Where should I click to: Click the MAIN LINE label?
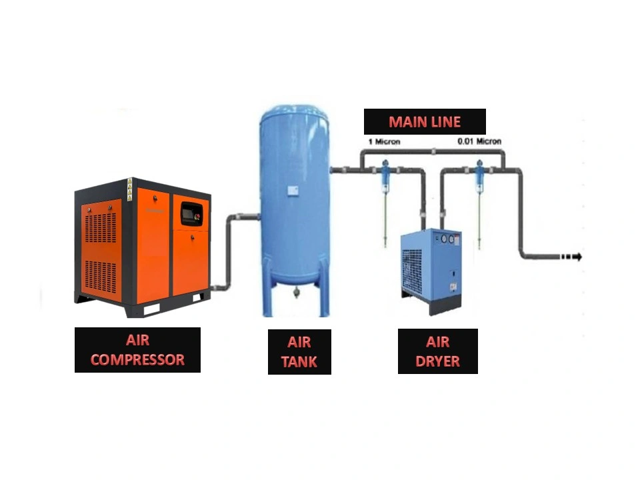coord(425,121)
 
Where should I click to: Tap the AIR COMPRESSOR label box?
coord(137,350)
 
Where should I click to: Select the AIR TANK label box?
coord(299,352)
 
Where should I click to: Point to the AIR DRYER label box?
coord(437,351)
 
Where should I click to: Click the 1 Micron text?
coord(384,141)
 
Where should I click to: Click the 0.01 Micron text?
coord(479,141)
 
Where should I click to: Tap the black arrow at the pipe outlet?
coord(571,257)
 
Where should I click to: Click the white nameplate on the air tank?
coord(292,190)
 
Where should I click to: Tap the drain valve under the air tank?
coord(295,292)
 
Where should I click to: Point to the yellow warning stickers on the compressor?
coord(130,190)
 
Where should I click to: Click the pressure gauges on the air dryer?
coord(448,239)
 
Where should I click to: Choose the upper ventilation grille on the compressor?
coord(101,227)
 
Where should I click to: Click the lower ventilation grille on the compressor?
coord(101,277)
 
